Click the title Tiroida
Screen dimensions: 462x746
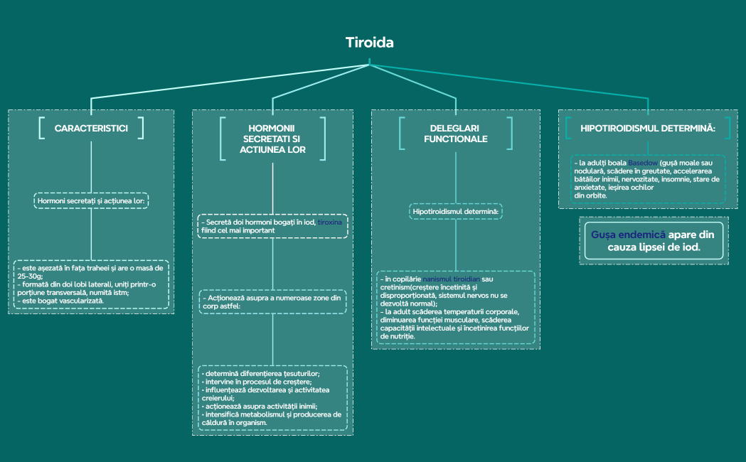coord(369,43)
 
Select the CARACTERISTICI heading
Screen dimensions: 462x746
coord(91,128)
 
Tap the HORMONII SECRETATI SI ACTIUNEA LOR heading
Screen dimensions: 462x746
coord(273,139)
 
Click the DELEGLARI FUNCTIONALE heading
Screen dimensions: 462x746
coord(455,134)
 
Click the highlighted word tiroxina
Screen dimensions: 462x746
coord(329,222)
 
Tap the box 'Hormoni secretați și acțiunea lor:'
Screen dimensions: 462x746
coord(90,201)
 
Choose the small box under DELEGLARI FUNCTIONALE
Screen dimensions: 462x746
coord(455,212)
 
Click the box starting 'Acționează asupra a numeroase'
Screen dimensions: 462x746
coord(272,301)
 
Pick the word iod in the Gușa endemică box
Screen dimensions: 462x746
coord(688,248)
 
